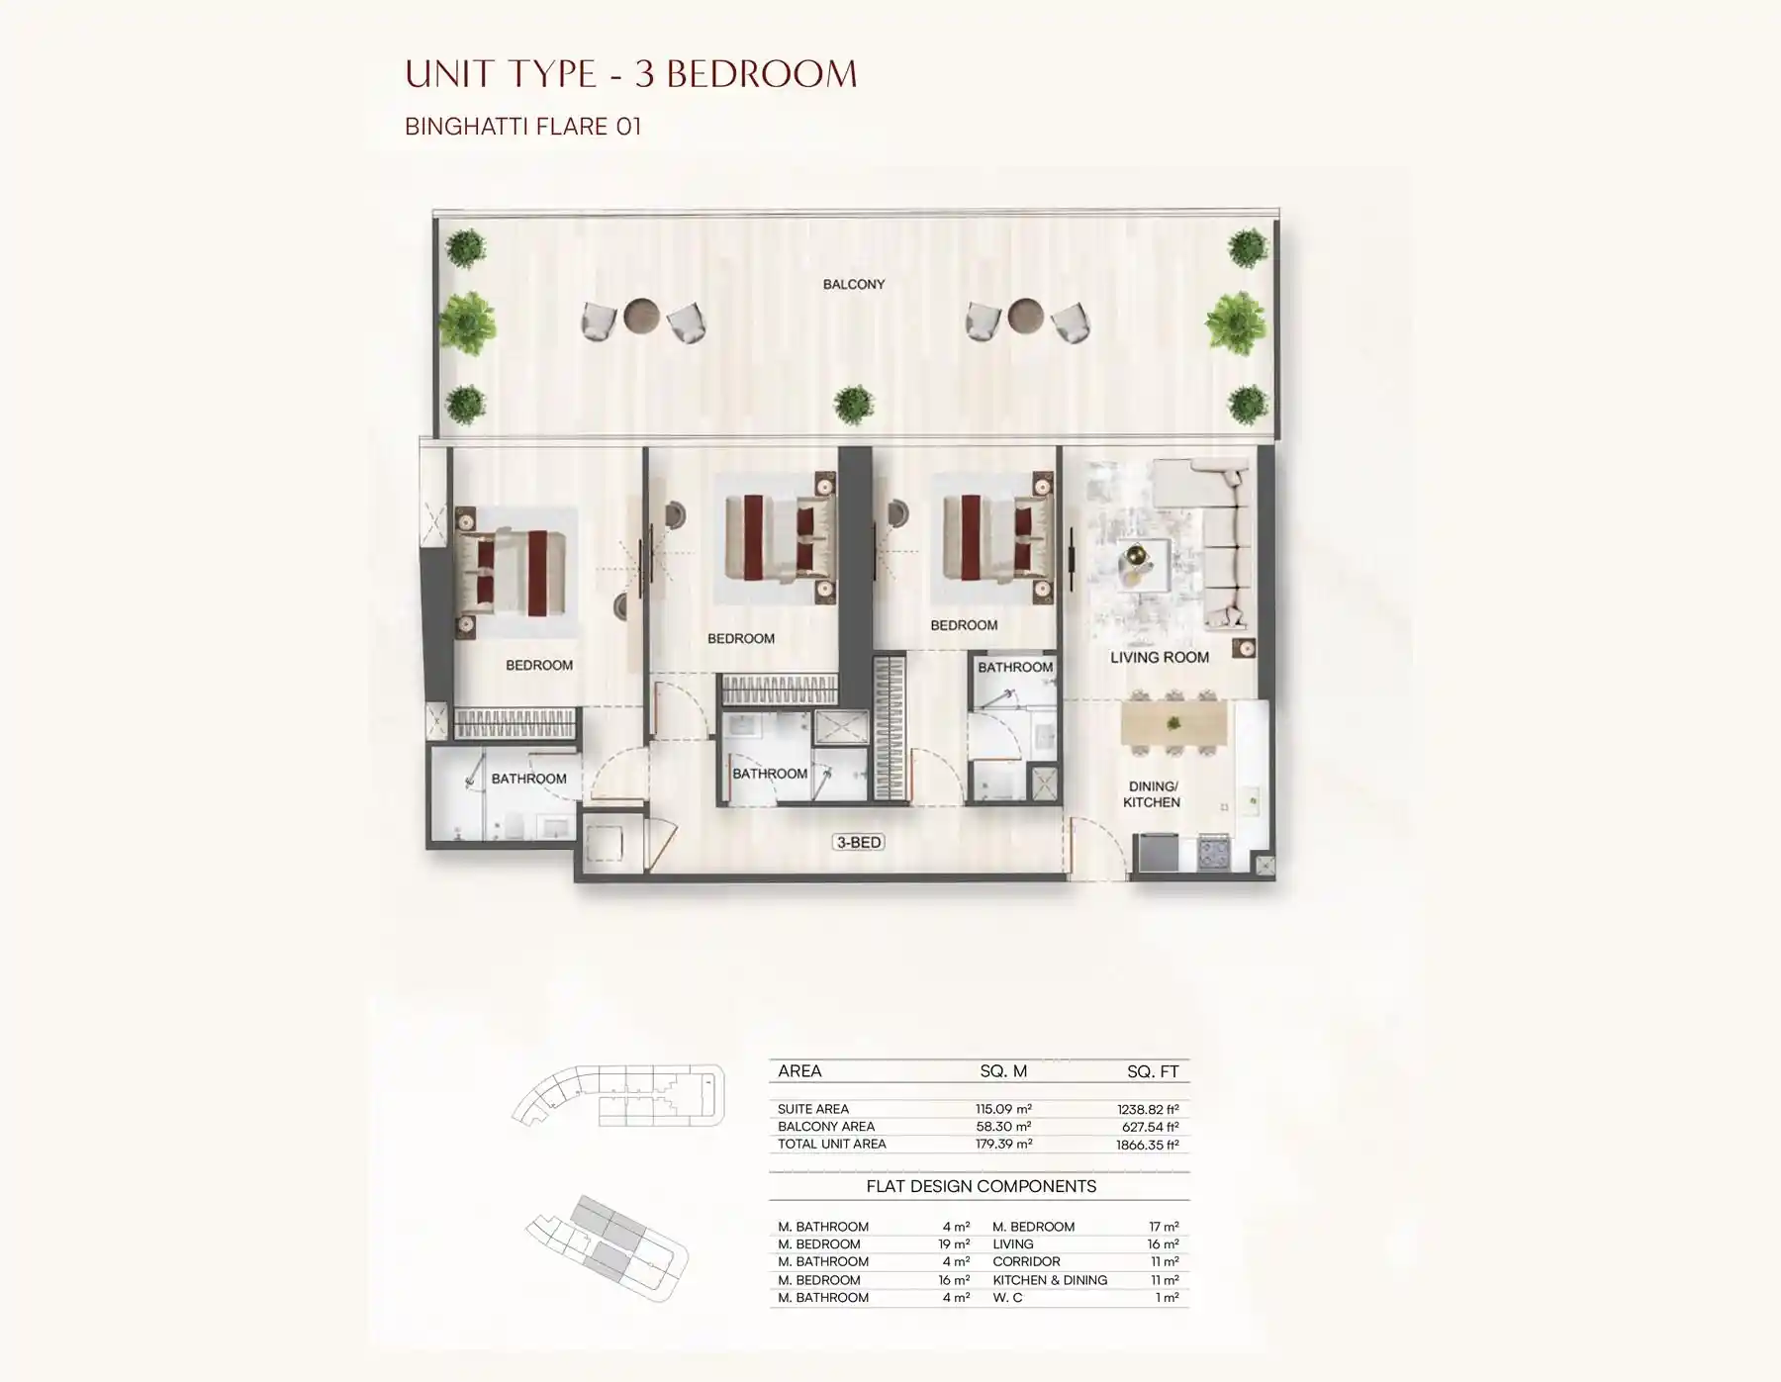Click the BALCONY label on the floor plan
(x=853, y=284)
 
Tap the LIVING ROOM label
(x=1159, y=657)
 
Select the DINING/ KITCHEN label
(x=1152, y=794)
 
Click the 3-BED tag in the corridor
(x=859, y=843)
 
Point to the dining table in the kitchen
(x=1173, y=724)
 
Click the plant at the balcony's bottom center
(x=853, y=404)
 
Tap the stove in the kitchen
(x=1214, y=852)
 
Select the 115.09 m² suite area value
(x=1003, y=1110)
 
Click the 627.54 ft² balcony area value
(x=1148, y=1127)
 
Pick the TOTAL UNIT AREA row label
(x=831, y=1145)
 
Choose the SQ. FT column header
(x=1153, y=1071)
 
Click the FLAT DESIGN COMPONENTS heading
(x=981, y=1186)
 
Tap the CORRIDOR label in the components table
(x=1026, y=1262)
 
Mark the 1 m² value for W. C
(x=1168, y=1298)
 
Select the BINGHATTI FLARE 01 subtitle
(x=522, y=127)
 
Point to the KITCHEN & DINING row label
(x=1050, y=1280)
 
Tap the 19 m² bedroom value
(x=954, y=1244)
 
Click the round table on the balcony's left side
(x=641, y=317)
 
